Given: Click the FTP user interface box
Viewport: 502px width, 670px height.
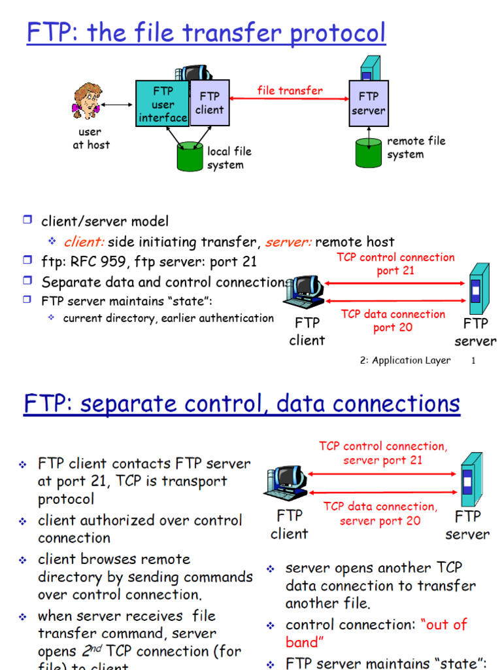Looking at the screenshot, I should [x=162, y=104].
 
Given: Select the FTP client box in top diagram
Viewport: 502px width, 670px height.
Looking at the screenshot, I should [x=210, y=103].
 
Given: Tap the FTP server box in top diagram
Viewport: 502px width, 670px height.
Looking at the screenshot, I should [x=369, y=103].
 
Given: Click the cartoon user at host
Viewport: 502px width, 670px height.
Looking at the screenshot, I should [x=87, y=101].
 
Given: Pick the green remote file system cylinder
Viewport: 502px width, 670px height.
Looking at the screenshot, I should [x=369, y=152].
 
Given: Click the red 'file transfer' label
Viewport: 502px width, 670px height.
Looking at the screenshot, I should [x=290, y=90].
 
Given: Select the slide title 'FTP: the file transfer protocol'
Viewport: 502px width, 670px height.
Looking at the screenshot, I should [x=206, y=33].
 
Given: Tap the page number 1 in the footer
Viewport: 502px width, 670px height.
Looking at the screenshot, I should [x=473, y=361].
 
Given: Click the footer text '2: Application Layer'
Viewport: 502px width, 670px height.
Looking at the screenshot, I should [x=405, y=361].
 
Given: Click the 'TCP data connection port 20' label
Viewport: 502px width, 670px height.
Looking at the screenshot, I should [x=393, y=321].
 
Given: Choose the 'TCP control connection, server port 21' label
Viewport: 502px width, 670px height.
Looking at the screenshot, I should [x=383, y=453].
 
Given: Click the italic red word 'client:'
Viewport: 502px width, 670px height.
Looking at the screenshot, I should [x=84, y=242].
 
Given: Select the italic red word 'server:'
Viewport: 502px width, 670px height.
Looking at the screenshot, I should [x=288, y=242].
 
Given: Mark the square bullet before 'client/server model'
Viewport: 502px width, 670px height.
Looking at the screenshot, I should [x=27, y=221].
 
